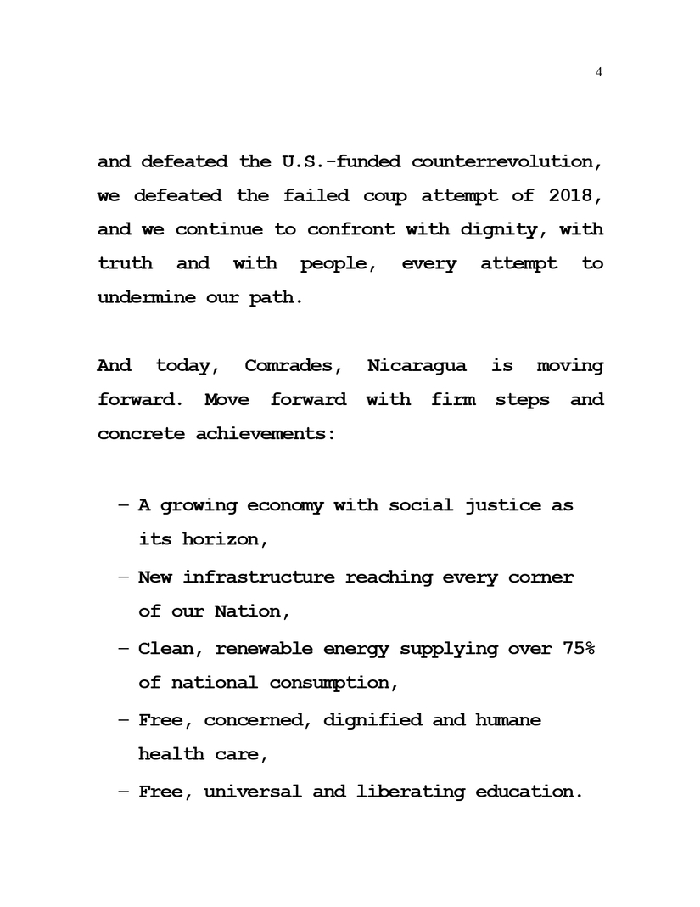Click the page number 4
(x=599, y=72)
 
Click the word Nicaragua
(x=416, y=366)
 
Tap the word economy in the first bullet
(x=285, y=505)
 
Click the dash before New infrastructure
(x=124, y=577)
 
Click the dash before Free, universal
(x=124, y=792)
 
